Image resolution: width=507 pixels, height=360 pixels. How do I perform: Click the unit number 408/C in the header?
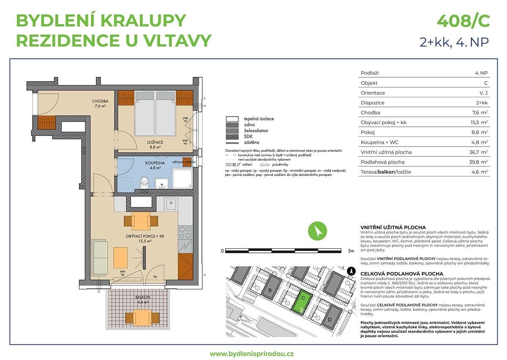(x=463, y=20)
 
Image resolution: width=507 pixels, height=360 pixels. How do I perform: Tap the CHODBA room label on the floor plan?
(x=101, y=101)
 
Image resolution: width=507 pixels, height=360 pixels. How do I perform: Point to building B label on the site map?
(x=269, y=290)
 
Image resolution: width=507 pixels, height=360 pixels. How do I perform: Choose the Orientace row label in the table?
(x=373, y=93)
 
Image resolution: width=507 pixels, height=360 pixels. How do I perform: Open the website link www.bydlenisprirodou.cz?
(x=252, y=353)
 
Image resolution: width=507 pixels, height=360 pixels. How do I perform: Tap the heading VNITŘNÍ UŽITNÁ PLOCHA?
(x=393, y=227)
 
